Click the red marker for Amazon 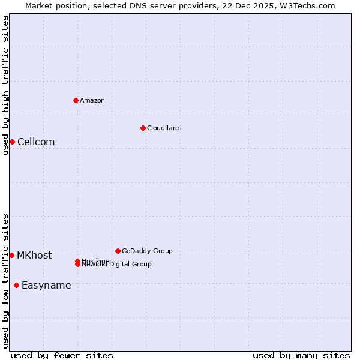[76, 100]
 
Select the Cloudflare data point [143, 128]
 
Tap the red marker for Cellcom [12, 142]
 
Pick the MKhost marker [11, 255]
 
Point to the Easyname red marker [16, 285]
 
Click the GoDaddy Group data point [118, 251]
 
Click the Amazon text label [92, 100]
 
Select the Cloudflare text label [163, 128]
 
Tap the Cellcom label [36, 142]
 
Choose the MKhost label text [34, 255]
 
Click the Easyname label [46, 285]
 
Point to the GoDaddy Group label [147, 251]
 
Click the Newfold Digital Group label [117, 265]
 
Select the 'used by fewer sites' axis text [62, 355]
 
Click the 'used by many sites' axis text [301, 355]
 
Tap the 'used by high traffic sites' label [5, 85]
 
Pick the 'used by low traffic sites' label [5, 281]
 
